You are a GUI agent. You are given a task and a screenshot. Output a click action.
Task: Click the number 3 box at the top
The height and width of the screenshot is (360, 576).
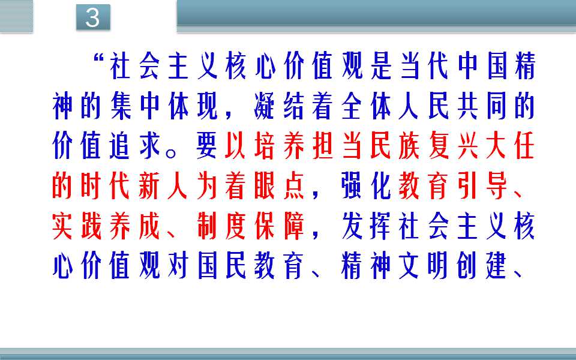tap(93, 17)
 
